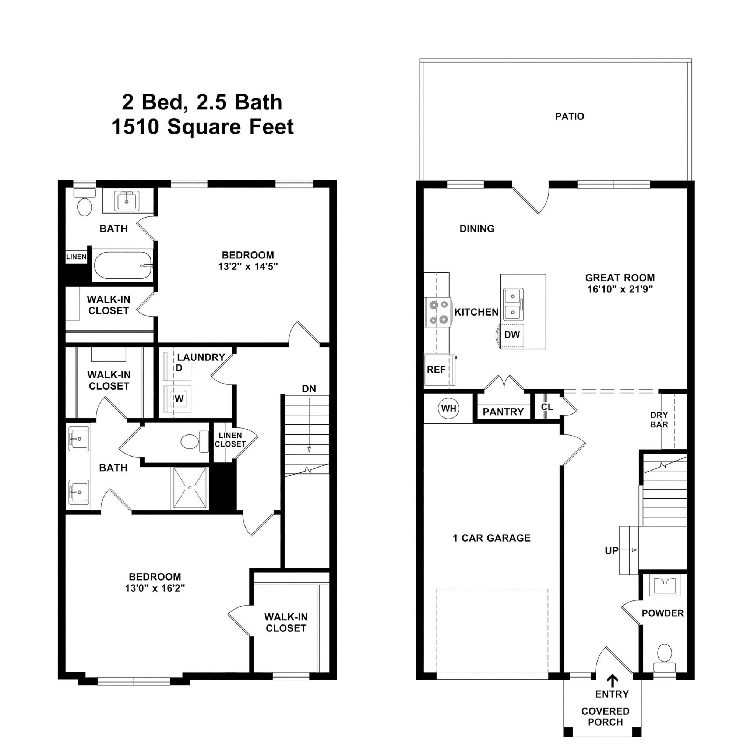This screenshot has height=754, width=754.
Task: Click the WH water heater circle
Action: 448,409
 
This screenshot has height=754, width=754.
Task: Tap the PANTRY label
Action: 503,412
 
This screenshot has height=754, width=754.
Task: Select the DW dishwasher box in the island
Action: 512,334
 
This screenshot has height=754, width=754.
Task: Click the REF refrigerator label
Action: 436,370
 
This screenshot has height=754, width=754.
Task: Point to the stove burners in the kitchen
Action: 438,312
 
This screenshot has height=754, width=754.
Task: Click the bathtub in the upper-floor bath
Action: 123,265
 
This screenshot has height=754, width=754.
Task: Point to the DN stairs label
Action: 309,389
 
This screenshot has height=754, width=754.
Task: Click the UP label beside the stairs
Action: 612,551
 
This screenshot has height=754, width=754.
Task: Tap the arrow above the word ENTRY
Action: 612,681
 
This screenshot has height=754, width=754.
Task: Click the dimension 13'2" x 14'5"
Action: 248,267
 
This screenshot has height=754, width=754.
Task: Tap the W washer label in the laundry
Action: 179,399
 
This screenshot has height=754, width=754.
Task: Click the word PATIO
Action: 570,116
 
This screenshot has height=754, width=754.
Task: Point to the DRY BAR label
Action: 659,420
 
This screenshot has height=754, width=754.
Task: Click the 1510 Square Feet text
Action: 202,127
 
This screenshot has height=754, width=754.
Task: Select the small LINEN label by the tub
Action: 76,257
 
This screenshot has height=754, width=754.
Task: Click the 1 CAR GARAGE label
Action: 491,538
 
